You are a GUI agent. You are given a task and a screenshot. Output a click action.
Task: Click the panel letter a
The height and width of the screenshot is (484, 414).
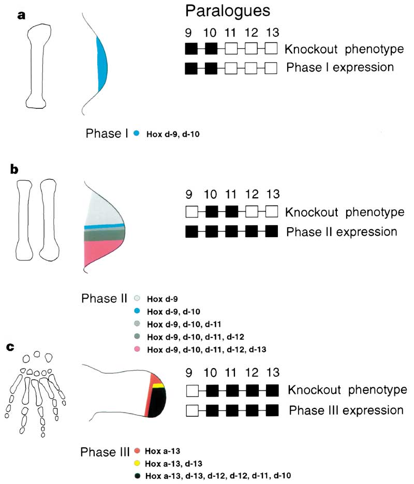point(21,15)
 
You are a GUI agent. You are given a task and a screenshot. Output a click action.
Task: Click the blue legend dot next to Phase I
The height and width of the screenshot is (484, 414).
point(136,134)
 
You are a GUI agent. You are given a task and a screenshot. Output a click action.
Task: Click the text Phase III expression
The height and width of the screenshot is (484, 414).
point(346,410)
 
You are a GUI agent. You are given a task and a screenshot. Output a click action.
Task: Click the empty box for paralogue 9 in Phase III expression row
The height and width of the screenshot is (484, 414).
point(191,411)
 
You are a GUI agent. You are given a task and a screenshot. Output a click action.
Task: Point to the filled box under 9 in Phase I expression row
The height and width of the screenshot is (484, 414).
point(191,68)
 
